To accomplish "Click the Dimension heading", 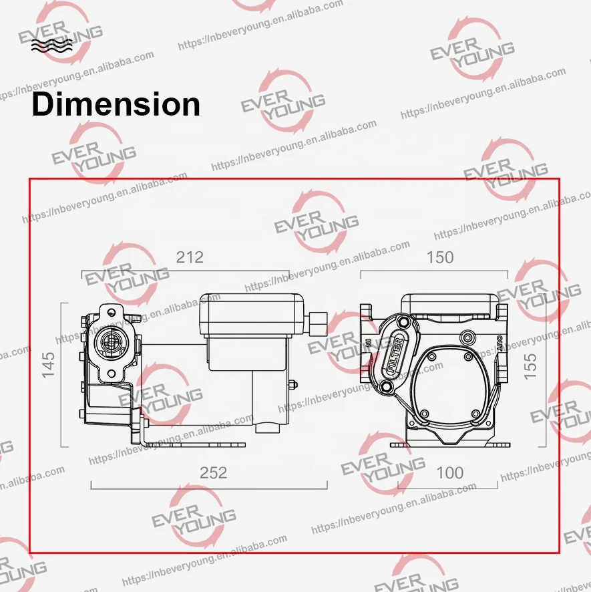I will pos(116,105).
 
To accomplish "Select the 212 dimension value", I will pos(189,257).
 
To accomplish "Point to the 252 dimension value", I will pos(214,472).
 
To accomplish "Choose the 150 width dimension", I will pos(439,257).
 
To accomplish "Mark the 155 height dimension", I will pos(531,367).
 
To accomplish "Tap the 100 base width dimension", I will pos(449,472).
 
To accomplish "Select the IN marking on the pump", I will pos(369,343).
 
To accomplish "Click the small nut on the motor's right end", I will pos(293,384).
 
